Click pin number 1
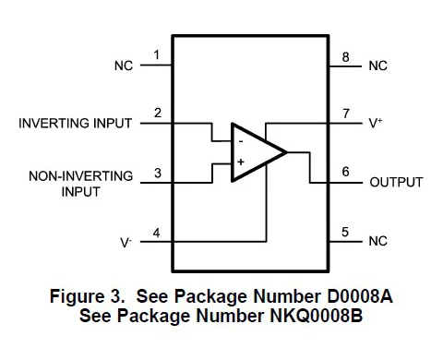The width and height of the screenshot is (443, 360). click(157, 55)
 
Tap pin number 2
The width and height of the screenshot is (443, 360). click(158, 113)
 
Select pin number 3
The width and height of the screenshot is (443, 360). click(158, 173)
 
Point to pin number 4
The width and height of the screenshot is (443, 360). click(157, 233)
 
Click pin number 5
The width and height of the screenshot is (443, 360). click(345, 232)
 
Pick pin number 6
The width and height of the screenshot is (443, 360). click(345, 172)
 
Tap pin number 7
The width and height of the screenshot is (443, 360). click(346, 114)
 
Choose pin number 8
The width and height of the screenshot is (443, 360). click(346, 57)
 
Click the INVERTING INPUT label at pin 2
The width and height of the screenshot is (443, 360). click(76, 123)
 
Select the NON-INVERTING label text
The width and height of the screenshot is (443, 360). click(81, 176)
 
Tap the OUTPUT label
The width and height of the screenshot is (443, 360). click(397, 182)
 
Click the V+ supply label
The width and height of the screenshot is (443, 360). click(376, 123)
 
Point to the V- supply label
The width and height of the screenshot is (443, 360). click(126, 243)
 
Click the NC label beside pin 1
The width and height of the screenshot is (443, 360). click(124, 66)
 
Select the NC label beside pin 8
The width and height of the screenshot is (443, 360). click(378, 66)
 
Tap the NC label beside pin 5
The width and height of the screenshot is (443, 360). click(378, 241)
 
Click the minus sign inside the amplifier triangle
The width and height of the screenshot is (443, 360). click(241, 141)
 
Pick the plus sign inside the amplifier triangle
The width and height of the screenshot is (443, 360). click(241, 162)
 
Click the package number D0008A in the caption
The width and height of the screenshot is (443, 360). click(360, 296)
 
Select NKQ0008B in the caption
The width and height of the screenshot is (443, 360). click(317, 316)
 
